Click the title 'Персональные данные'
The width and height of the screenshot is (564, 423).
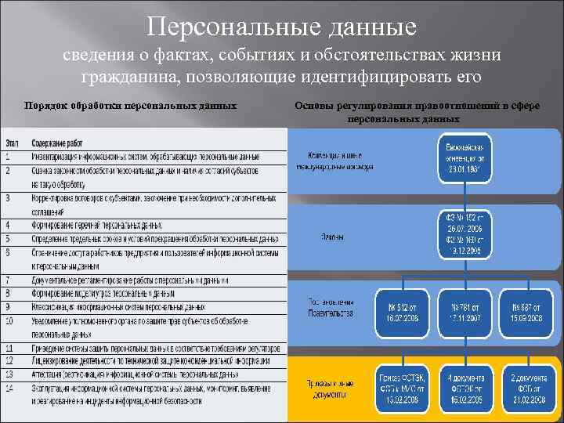click(x=281, y=28)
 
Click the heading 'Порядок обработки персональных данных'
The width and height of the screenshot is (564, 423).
click(x=131, y=106)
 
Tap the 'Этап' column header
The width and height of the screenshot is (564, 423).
click(x=13, y=143)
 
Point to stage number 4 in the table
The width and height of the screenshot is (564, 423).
click(x=9, y=226)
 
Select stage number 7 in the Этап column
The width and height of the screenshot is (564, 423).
click(x=9, y=280)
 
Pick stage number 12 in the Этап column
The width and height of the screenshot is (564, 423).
click(x=11, y=361)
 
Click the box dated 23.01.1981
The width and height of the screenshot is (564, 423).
click(x=465, y=158)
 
